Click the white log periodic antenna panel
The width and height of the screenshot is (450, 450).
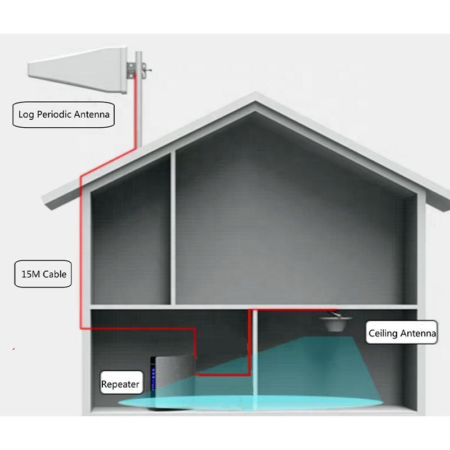point(79,71)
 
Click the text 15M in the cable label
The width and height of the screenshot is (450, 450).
point(29,274)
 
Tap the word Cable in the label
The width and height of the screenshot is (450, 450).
point(55,274)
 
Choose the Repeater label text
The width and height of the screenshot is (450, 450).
point(120,385)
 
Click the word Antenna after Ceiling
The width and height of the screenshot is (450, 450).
point(418,333)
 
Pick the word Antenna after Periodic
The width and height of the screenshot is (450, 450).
point(93,116)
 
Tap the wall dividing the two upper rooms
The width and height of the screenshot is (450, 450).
point(173,231)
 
